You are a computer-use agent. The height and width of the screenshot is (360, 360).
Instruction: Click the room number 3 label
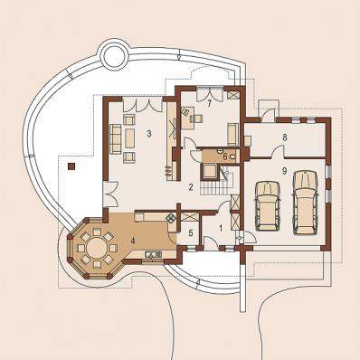click(148, 133)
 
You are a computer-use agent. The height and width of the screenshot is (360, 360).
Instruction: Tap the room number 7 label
click(209, 103)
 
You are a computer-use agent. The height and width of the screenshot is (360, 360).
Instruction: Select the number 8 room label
click(285, 137)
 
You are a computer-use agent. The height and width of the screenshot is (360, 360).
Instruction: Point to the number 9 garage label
click(284, 171)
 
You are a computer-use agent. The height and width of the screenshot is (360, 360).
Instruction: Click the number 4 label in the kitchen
click(133, 241)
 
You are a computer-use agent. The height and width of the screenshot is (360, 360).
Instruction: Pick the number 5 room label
click(191, 232)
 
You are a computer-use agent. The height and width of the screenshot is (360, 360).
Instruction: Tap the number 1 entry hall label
click(221, 228)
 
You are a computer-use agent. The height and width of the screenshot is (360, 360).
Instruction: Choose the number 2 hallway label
click(191, 187)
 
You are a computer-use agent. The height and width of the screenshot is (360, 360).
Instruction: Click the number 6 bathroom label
click(225, 156)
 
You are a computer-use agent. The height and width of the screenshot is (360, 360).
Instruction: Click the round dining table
click(97, 248)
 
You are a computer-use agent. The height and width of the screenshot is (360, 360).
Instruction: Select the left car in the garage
click(268, 206)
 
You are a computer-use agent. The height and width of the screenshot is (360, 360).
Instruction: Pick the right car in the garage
click(305, 203)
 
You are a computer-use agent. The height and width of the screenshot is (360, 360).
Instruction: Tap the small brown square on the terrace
click(71, 166)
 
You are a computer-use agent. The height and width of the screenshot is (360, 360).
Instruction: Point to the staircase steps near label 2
click(213, 187)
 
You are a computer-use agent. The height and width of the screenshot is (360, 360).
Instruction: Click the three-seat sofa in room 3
click(116, 139)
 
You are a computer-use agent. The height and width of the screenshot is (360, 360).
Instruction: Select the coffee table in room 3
click(129, 138)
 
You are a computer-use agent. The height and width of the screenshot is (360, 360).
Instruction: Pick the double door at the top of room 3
click(143, 104)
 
